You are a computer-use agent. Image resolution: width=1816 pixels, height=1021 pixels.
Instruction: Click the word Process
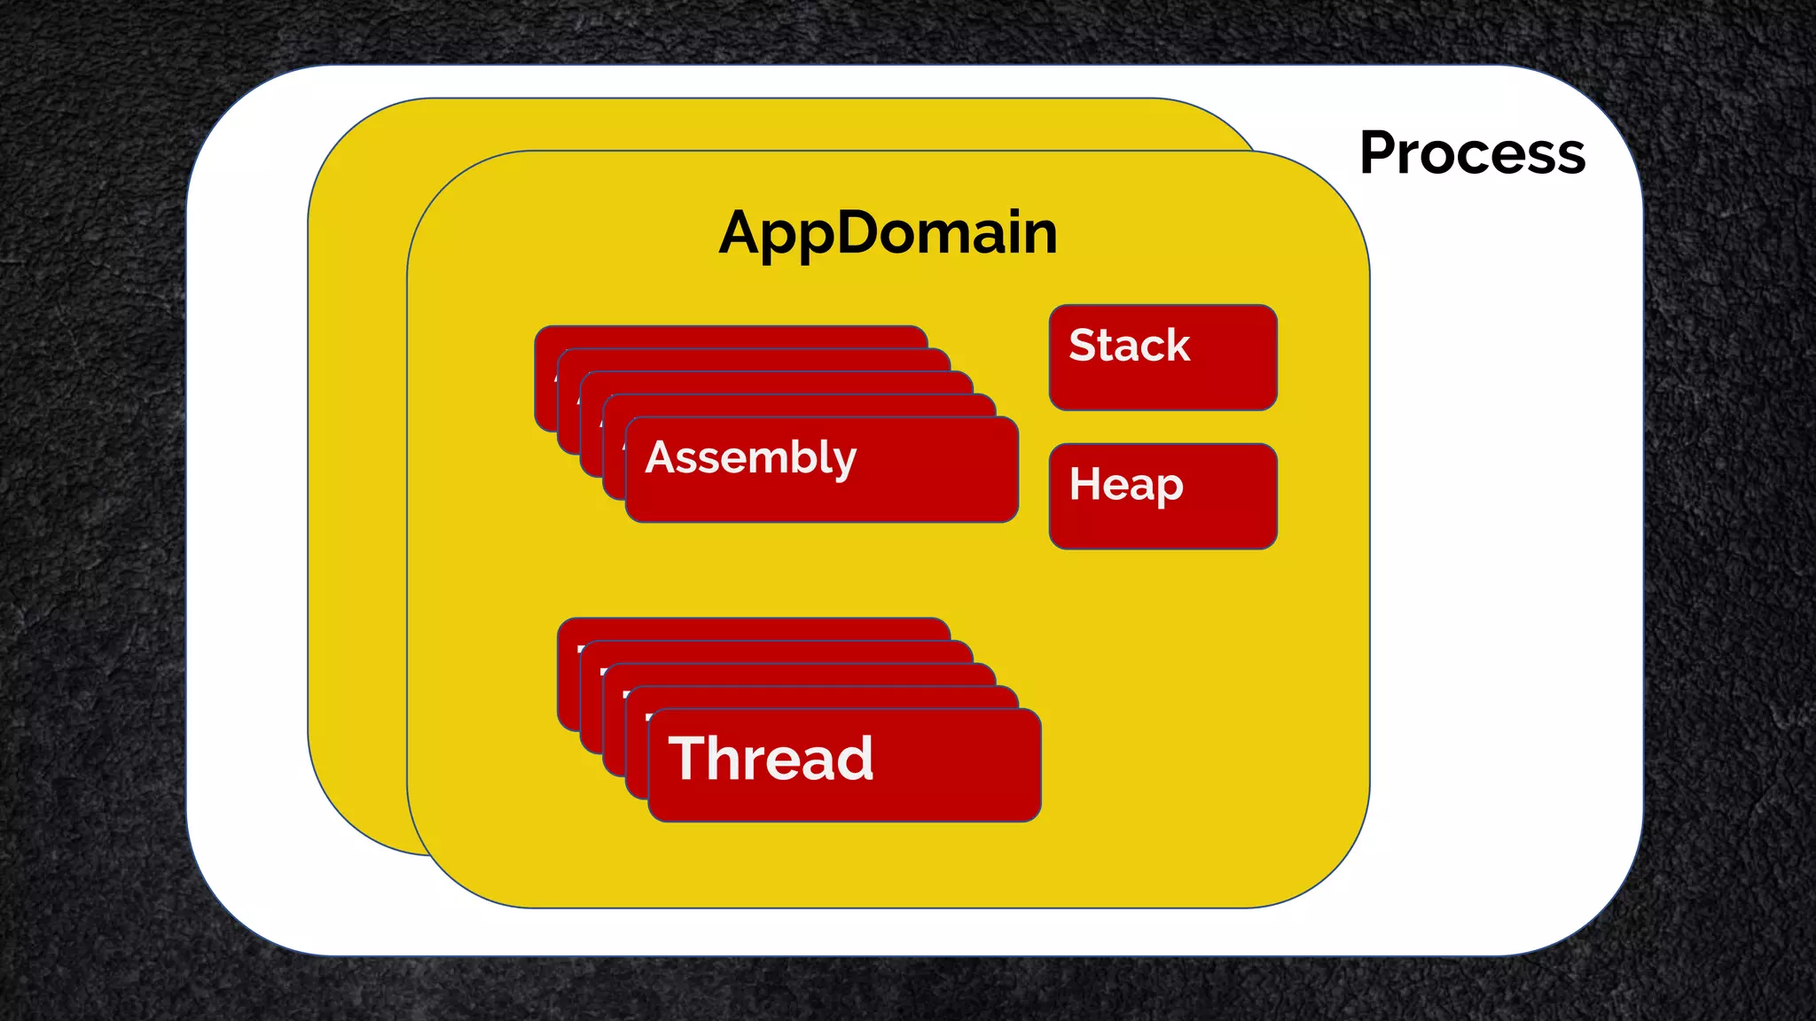[x=1472, y=153]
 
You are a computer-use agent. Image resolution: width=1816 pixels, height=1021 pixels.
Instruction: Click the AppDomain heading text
[x=888, y=232]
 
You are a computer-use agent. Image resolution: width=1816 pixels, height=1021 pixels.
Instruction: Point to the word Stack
[x=1129, y=345]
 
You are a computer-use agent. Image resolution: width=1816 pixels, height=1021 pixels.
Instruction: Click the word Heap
[x=1125, y=485]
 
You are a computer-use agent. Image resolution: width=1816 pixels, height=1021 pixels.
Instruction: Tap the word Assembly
[x=750, y=458]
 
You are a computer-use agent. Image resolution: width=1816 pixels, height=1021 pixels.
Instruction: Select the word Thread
[x=771, y=759]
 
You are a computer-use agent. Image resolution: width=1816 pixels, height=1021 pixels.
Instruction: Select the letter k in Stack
[x=1177, y=345]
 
